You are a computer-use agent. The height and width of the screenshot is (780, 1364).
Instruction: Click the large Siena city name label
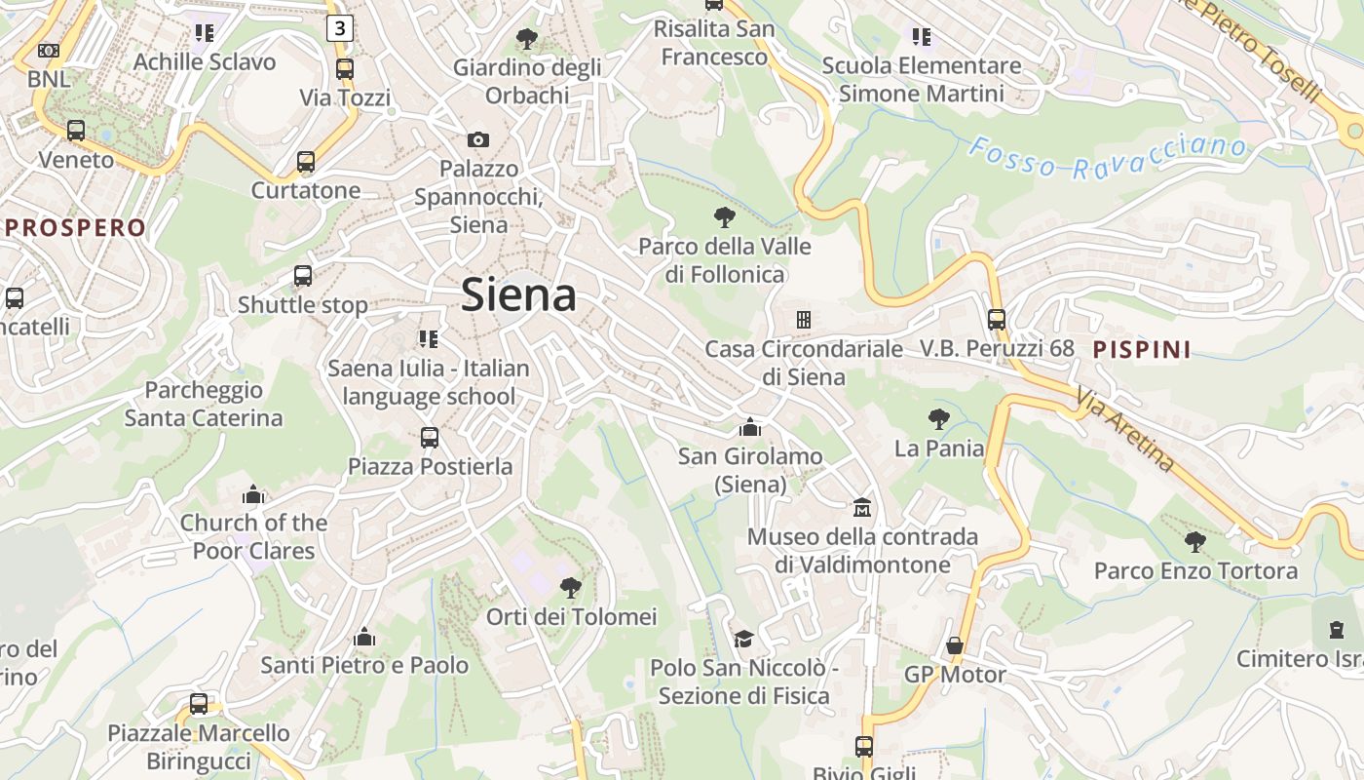pyautogui.click(x=518, y=294)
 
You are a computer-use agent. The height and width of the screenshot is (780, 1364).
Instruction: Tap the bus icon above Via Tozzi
pyautogui.click(x=344, y=69)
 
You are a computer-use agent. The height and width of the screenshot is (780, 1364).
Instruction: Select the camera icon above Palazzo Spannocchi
pyautogui.click(x=477, y=139)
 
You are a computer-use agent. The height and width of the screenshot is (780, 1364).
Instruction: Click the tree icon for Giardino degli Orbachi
pyautogui.click(x=526, y=39)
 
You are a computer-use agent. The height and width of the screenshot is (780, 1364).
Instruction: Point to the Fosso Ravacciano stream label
pyautogui.click(x=1108, y=158)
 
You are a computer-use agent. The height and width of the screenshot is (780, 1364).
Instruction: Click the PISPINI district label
pyautogui.click(x=1142, y=349)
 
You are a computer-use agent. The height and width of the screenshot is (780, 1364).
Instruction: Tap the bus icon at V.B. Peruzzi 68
pyautogui.click(x=996, y=319)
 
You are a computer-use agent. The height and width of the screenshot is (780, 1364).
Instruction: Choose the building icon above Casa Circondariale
pyautogui.click(x=803, y=319)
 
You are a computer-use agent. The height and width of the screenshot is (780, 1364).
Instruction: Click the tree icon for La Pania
pyautogui.click(x=938, y=419)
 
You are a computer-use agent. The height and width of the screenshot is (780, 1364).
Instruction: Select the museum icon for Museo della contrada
pyautogui.click(x=862, y=508)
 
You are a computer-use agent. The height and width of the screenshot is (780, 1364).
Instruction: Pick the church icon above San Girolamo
pyautogui.click(x=749, y=427)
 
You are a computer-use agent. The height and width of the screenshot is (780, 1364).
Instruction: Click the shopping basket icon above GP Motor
pyautogui.click(x=954, y=645)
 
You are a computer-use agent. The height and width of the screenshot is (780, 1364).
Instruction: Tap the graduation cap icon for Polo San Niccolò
pyautogui.click(x=743, y=639)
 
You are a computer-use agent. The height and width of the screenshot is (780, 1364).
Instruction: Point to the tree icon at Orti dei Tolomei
pyautogui.click(x=571, y=588)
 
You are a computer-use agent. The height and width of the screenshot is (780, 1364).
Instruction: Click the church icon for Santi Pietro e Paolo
pyautogui.click(x=364, y=637)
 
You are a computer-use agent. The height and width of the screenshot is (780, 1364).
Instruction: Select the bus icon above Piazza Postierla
pyautogui.click(x=430, y=438)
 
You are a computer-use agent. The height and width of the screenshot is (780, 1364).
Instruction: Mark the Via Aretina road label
pyautogui.click(x=1125, y=430)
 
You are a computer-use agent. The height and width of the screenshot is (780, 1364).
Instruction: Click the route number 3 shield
pyautogui.click(x=338, y=28)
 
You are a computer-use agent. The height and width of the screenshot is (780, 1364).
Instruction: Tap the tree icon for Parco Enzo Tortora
pyautogui.click(x=1195, y=542)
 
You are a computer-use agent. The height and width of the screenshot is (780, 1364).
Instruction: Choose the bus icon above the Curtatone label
pyautogui.click(x=306, y=162)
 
